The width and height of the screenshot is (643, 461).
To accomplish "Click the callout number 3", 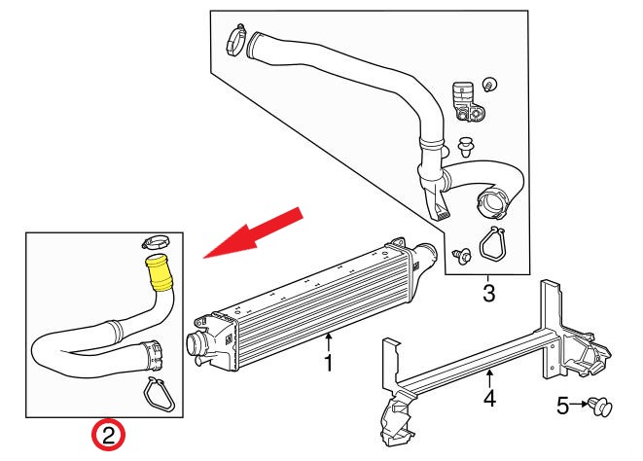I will click(488, 292).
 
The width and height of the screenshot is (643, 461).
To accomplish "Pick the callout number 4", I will click(489, 397).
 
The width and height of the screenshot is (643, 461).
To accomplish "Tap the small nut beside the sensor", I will click(490, 83).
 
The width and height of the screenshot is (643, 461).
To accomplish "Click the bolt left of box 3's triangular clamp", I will click(461, 255).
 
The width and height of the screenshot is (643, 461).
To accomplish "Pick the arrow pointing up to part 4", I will click(489, 375).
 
